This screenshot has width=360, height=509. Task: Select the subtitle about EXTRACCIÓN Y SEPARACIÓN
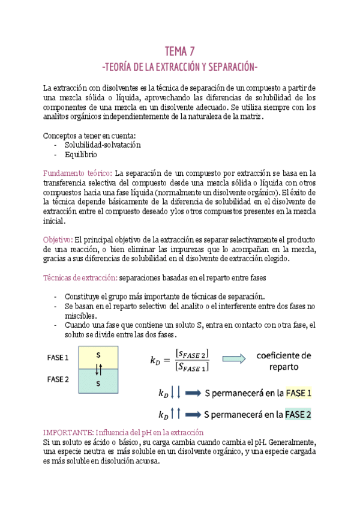[180, 65]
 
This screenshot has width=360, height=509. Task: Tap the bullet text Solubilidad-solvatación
[103, 145]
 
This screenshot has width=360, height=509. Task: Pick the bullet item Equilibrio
[82, 154]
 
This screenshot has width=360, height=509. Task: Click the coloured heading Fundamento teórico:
[78, 173]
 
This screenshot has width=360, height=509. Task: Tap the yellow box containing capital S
[98, 355]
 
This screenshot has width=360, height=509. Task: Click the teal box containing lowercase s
[98, 382]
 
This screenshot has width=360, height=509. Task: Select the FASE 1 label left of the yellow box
[58, 358]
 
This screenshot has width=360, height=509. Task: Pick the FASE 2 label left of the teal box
[58, 379]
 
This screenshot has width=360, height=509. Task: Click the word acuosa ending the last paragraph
[146, 462]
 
